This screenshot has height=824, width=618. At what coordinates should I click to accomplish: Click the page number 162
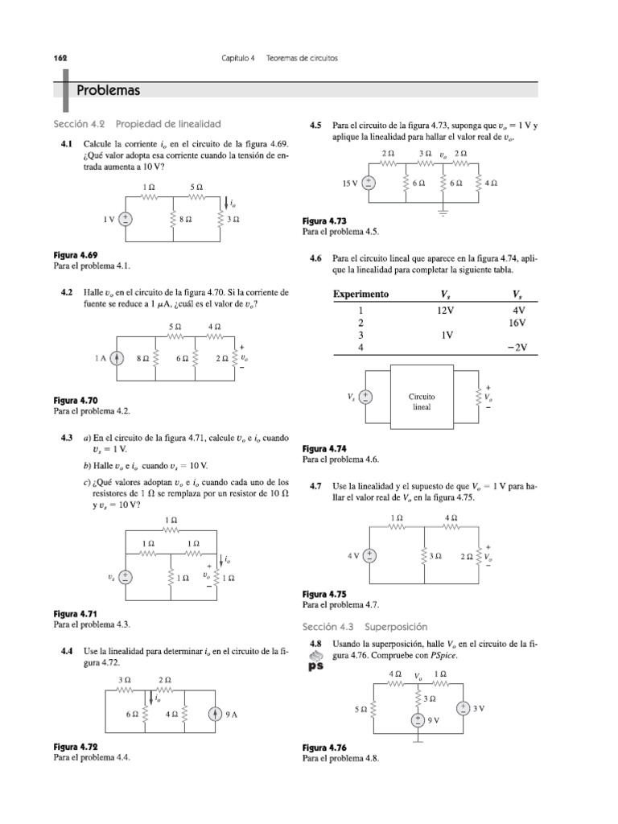60,59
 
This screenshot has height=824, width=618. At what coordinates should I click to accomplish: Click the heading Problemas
108,90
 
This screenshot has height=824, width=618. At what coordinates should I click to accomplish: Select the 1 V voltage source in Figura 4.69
126,219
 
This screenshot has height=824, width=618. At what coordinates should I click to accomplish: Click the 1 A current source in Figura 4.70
117,360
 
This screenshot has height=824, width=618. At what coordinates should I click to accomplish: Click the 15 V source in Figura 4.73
368,183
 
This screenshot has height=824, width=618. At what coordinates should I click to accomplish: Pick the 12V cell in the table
447,309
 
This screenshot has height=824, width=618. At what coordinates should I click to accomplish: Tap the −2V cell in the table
515,347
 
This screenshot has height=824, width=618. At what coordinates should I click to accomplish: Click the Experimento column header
360,294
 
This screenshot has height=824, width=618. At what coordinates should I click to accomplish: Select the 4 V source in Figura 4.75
369,555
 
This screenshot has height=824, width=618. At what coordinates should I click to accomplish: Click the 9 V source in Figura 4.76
418,720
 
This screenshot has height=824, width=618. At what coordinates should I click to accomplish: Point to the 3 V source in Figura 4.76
463,708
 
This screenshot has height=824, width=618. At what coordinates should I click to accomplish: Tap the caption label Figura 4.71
75,613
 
